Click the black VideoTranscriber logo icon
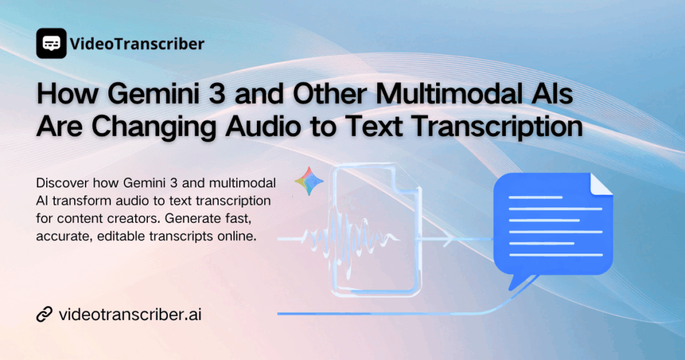click(51, 43)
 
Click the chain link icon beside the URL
click(45, 314)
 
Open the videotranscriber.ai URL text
click(130, 314)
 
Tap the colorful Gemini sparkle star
click(308, 181)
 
